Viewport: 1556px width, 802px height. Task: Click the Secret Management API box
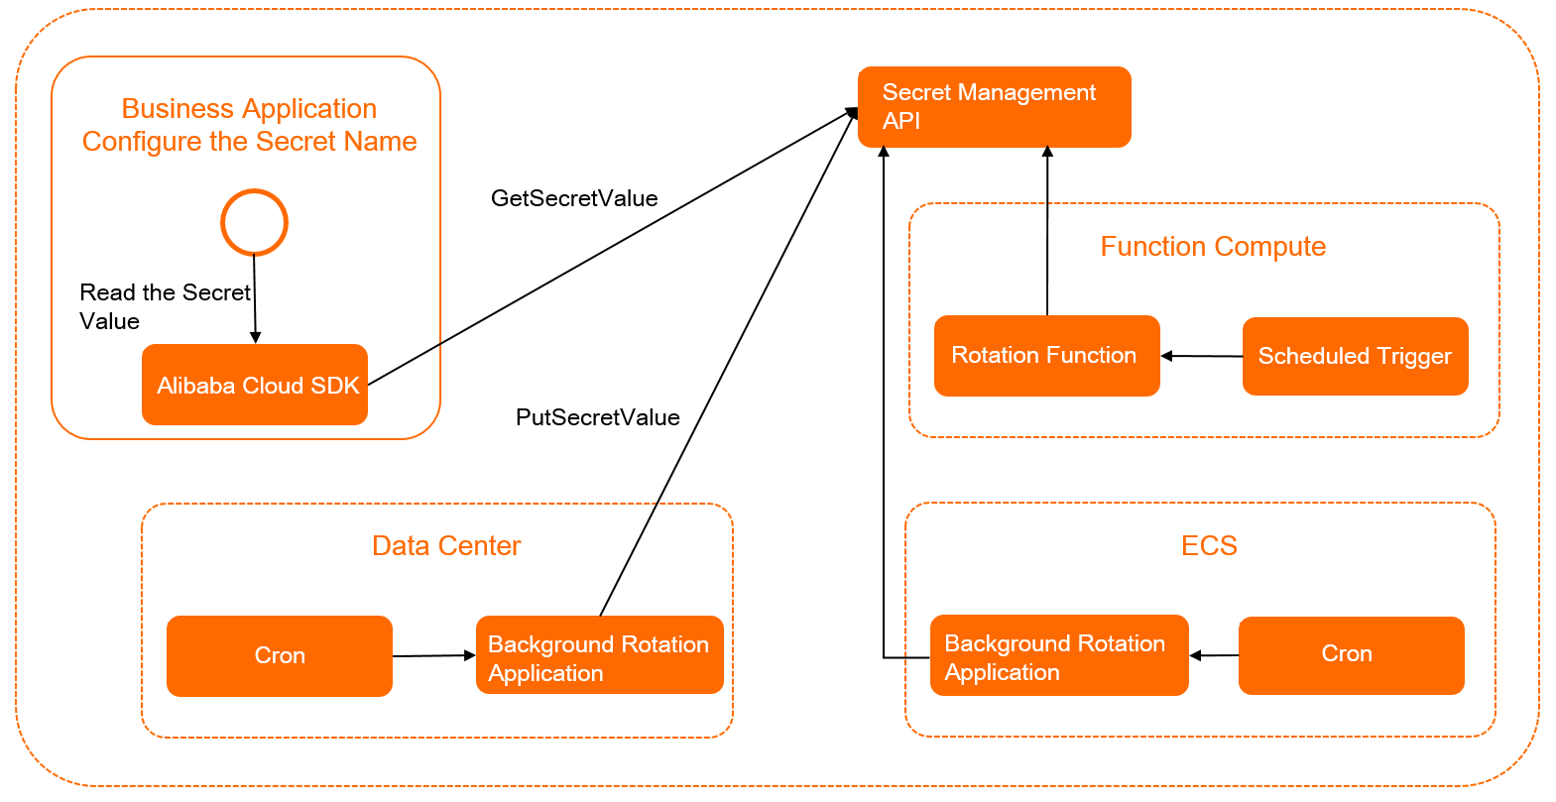tap(994, 107)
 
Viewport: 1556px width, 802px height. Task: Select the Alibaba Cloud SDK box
tap(255, 385)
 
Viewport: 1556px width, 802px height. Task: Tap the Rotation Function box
tap(1046, 356)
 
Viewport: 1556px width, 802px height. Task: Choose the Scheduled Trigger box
tap(1355, 356)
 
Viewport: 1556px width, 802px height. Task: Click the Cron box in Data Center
tap(279, 655)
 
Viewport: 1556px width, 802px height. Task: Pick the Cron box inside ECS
tap(1351, 654)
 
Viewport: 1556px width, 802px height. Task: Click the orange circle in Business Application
tap(254, 222)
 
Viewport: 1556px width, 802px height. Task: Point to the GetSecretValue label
tap(574, 198)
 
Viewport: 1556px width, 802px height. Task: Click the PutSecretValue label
tap(597, 417)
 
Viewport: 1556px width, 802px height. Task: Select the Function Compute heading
tap(1212, 247)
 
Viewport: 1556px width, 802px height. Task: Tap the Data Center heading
tap(446, 546)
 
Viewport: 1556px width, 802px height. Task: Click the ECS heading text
tap(1209, 546)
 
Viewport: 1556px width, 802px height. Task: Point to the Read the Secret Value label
tap(164, 306)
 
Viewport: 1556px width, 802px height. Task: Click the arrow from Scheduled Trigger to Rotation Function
tap(1201, 356)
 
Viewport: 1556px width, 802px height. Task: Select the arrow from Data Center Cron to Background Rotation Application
tap(433, 655)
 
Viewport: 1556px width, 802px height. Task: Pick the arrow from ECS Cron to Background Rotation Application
tap(1214, 655)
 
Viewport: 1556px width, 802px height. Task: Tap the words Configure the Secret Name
tap(249, 142)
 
